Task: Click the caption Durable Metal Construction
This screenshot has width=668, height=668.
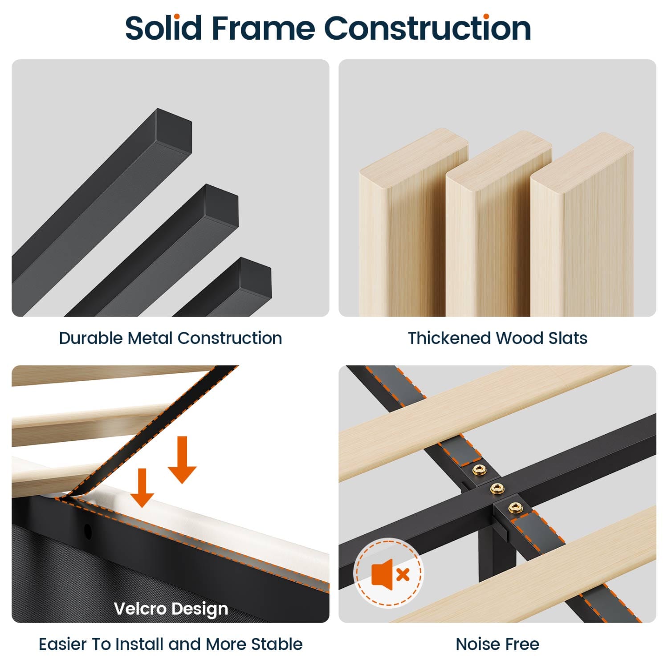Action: pos(171,338)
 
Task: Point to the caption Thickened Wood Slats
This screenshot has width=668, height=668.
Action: pos(497,338)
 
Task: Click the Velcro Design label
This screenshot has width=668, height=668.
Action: pos(171,609)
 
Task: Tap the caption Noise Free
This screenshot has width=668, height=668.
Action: pos(497,644)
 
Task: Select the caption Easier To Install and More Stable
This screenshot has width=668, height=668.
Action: pos(171,644)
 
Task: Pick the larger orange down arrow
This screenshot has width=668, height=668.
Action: pos(182,460)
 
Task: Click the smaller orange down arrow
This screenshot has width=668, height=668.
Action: pos(142,488)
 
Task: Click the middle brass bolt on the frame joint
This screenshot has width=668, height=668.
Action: pos(497,489)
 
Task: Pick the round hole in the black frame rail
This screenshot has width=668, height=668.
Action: pos(88,531)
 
